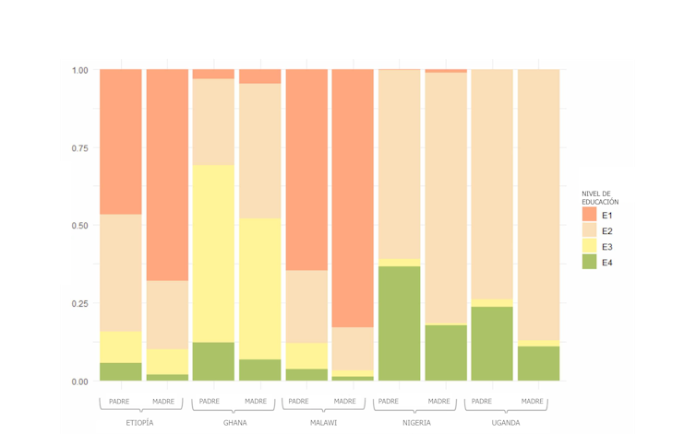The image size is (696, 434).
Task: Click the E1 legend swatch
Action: tap(589, 215)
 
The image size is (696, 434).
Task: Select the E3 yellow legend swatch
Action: tap(589, 247)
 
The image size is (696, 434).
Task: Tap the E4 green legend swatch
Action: tap(589, 264)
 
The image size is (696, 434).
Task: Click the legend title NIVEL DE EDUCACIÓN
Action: tap(600, 197)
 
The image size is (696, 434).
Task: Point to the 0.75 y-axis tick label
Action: tap(79, 147)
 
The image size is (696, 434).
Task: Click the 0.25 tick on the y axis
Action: tap(79, 303)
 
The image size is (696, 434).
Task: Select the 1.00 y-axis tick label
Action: tap(79, 70)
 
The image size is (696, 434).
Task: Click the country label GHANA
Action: tap(234, 423)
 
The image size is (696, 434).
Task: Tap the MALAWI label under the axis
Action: tap(323, 423)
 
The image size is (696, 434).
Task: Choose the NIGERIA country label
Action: tap(416, 423)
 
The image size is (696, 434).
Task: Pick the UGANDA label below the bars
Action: tap(506, 423)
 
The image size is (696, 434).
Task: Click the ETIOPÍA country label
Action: tap(139, 423)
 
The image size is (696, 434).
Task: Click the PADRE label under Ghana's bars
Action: tap(210, 401)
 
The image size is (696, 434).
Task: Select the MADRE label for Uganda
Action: tap(532, 401)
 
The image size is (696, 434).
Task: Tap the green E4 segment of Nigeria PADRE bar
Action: tap(399, 323)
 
